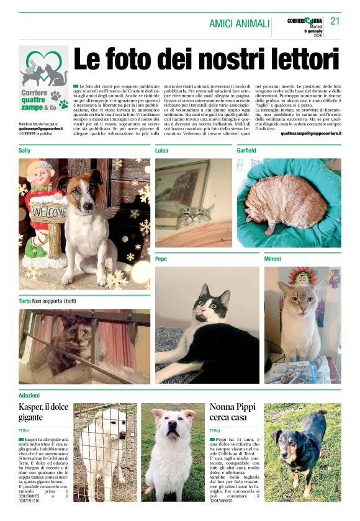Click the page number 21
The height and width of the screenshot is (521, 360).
tap(335, 21)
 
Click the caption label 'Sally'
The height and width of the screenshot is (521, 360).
tap(25, 151)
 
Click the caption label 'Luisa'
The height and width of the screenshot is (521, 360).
tap(161, 151)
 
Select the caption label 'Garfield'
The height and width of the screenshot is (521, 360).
tap(246, 151)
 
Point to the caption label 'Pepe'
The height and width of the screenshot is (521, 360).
tap(161, 258)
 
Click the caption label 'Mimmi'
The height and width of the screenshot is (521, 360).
tap(272, 258)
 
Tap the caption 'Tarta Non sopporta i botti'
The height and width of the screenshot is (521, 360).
tap(47, 301)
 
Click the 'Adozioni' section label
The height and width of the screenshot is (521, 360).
tap(29, 394)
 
